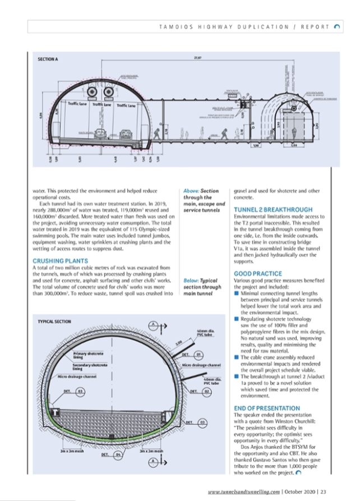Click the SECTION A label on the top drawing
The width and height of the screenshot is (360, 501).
(x=48, y=58)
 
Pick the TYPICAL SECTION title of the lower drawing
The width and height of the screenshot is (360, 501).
(x=54, y=322)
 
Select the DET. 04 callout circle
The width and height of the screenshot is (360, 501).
(x=118, y=455)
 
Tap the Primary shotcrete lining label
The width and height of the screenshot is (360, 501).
(x=88, y=355)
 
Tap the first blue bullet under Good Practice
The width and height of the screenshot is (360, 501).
(x=236, y=292)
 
